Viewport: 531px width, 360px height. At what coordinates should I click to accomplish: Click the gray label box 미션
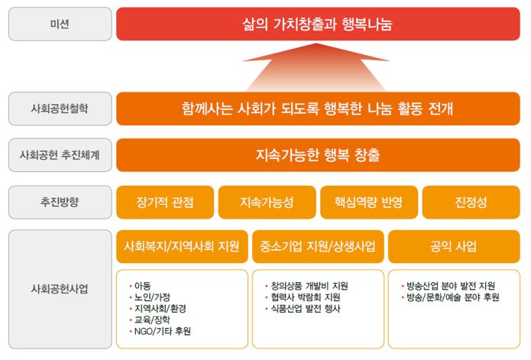tap(58, 24)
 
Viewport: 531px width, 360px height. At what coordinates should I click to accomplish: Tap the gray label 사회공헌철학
tap(58, 109)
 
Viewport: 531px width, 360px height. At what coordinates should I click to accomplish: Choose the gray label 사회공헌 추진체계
tap(58, 155)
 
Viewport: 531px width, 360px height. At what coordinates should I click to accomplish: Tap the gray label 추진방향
tap(58, 202)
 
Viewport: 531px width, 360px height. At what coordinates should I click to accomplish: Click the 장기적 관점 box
tap(164, 203)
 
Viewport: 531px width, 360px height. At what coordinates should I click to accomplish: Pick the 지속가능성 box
tap(266, 203)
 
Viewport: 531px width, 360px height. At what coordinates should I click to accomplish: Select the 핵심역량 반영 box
tap(368, 203)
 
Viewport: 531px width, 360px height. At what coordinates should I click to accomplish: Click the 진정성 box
tap(471, 203)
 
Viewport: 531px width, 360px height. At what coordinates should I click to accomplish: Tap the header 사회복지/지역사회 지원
tap(182, 247)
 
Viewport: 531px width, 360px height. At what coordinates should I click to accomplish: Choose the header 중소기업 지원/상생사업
tap(318, 247)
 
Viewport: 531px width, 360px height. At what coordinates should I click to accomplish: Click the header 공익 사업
tap(454, 247)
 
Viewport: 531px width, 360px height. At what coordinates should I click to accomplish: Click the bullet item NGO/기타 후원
tap(163, 331)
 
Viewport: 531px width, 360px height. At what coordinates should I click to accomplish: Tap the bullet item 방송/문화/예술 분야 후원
tap(453, 297)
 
